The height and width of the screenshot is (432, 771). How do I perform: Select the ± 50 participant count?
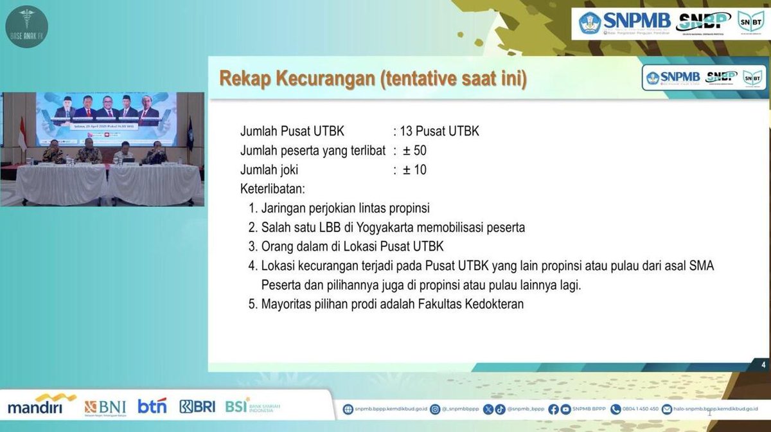(414, 151)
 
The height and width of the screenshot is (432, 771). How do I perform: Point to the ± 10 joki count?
(414, 170)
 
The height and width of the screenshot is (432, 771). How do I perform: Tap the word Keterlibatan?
(272, 189)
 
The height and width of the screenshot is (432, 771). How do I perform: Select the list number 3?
(252, 247)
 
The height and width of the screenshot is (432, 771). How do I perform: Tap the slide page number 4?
(763, 365)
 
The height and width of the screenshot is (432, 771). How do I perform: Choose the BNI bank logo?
(105, 407)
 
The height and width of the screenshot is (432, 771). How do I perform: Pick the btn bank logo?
(152, 406)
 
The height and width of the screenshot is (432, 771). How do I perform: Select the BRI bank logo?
(197, 406)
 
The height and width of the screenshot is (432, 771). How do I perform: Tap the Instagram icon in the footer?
(435, 409)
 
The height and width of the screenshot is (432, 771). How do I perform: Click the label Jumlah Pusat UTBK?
(292, 132)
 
